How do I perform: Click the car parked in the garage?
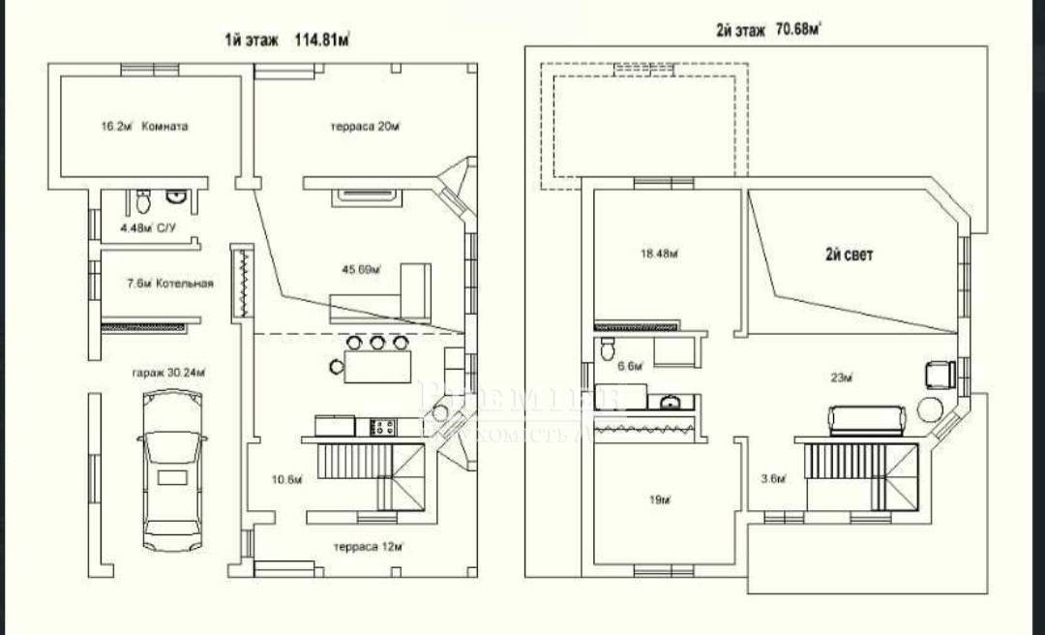[x=173, y=472]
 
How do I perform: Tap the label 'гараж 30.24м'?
[x=170, y=371]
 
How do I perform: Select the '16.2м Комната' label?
[x=144, y=126]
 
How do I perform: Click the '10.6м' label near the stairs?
[x=287, y=479]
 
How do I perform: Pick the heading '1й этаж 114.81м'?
[x=287, y=40]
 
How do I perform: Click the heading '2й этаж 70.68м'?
[x=769, y=30]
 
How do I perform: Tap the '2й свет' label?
[x=849, y=256]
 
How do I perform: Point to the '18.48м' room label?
[x=657, y=254]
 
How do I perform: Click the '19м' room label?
[x=660, y=500]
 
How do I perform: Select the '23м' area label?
[x=841, y=377]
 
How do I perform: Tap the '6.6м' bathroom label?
[x=630, y=366]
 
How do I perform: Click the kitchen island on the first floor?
[x=376, y=366]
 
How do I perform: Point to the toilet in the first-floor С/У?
[x=143, y=202]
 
